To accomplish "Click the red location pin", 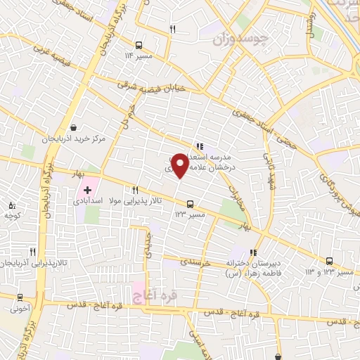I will [180, 166].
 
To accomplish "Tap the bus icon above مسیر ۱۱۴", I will [138, 43].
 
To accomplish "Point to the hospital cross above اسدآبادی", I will [87, 190].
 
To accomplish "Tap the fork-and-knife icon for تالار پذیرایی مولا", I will [135, 190].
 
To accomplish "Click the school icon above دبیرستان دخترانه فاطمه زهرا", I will [254, 252].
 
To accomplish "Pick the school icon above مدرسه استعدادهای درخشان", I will [200, 139].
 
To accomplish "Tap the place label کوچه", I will [13, 216].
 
